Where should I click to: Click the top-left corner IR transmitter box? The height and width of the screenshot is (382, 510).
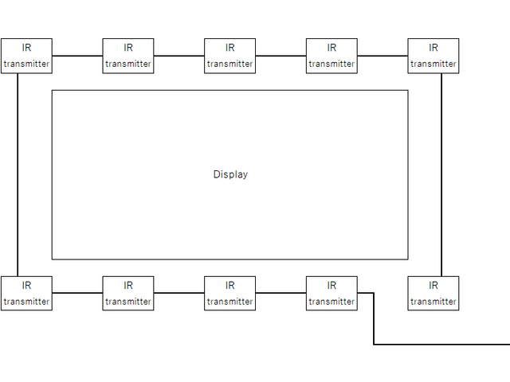(26, 56)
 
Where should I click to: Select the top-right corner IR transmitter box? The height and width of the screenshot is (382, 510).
(433, 56)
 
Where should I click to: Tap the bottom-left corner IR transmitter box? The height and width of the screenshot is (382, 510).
(26, 293)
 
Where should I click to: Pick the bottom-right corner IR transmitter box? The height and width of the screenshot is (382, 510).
(433, 293)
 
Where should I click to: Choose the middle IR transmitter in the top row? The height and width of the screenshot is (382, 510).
(230, 56)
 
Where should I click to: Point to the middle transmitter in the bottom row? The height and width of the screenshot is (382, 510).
(230, 293)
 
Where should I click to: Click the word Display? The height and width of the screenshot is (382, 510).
(230, 174)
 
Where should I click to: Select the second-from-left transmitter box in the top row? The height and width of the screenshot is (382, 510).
(128, 56)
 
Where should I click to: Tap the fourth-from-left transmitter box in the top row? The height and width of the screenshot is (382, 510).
(331, 56)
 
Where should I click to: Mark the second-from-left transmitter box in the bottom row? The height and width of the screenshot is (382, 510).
(128, 293)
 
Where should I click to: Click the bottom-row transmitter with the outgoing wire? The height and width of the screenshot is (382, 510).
(331, 293)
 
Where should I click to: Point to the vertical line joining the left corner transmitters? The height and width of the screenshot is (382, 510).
(18, 174)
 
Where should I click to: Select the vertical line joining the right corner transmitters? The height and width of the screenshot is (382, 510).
(441, 174)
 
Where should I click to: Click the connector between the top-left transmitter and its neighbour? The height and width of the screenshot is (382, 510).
(77, 56)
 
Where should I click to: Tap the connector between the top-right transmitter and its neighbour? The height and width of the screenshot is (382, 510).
(382, 56)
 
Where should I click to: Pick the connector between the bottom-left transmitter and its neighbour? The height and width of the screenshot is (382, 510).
(77, 293)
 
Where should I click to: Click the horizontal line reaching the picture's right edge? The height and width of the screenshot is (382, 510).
(442, 345)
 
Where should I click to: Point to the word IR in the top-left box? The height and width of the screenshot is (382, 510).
(26, 48)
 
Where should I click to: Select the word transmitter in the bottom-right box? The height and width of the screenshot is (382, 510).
(433, 302)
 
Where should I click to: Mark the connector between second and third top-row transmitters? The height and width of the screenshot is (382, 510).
(179, 56)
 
